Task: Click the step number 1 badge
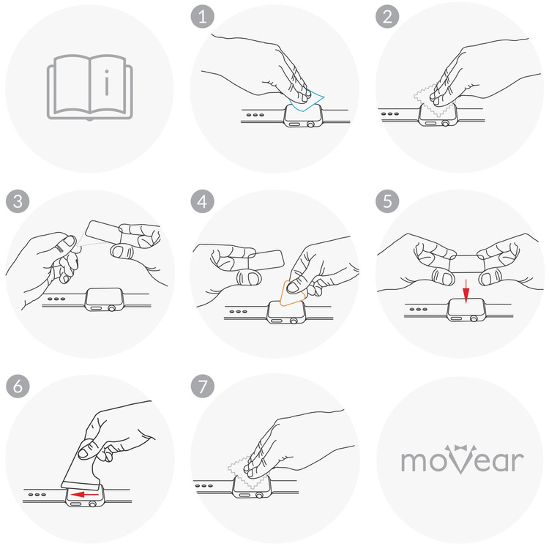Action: click(x=202, y=18)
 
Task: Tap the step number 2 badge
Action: click(x=384, y=18)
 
